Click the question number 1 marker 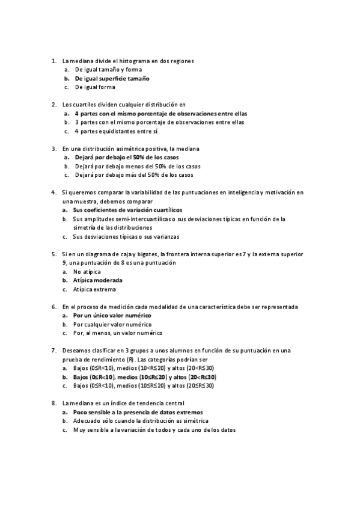pos(53,61)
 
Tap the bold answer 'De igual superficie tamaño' pos(112,78)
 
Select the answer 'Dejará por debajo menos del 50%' pos(138,166)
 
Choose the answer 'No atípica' pos(87,272)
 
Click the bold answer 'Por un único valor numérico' pos(112,315)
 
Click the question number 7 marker pos(53,351)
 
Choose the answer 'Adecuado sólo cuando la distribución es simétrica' pos(141,422)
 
